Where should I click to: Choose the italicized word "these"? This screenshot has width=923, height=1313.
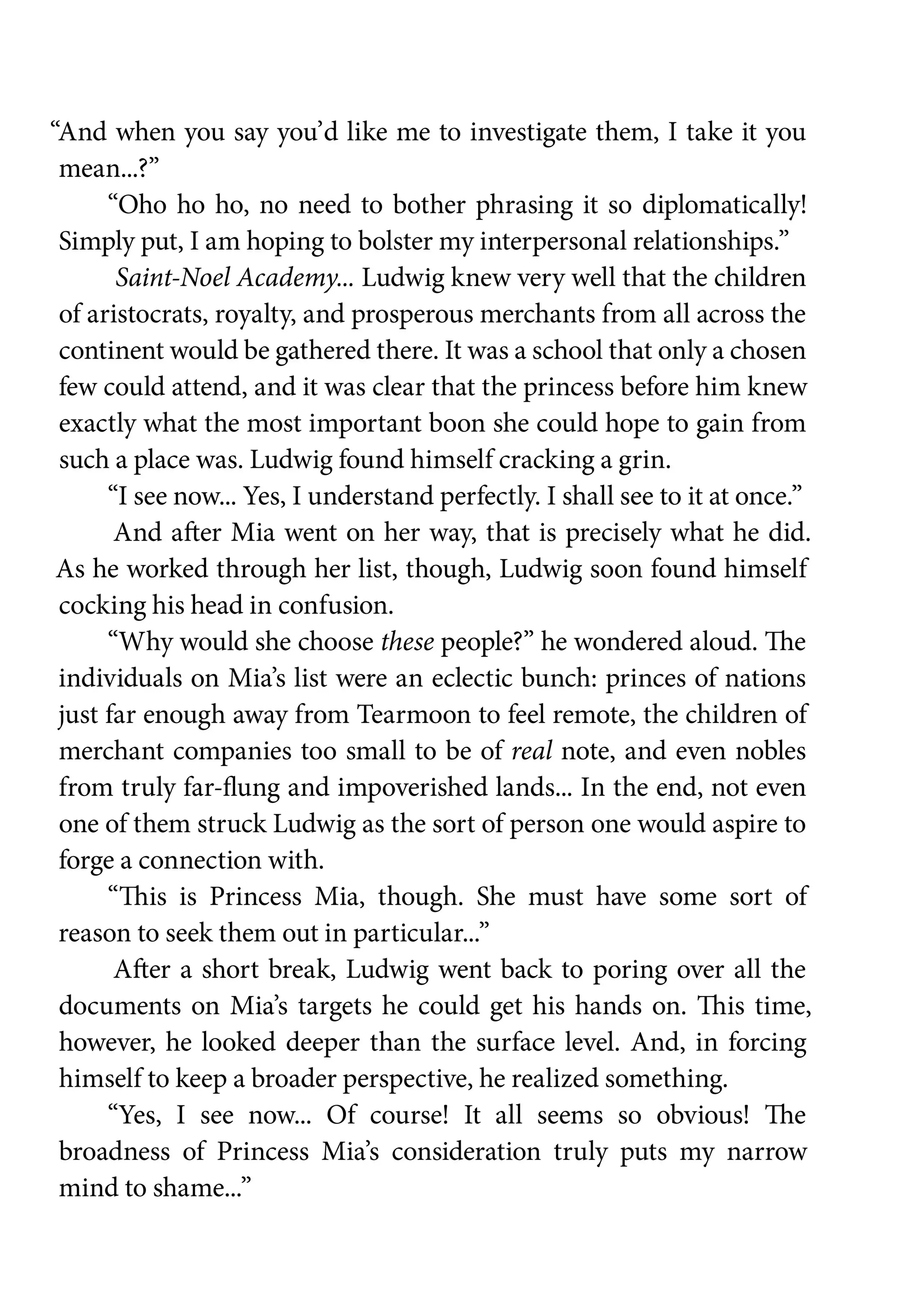coord(407,642)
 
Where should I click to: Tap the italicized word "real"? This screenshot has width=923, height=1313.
coord(531,751)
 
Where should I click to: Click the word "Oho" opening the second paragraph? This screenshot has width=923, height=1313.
coord(141,205)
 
